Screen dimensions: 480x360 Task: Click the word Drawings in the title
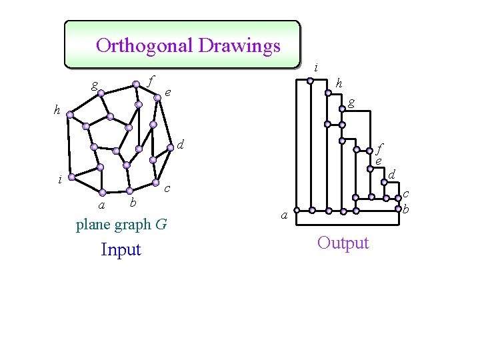point(239,46)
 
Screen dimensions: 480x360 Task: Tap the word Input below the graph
point(121,249)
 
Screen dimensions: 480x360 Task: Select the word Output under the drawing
point(343,243)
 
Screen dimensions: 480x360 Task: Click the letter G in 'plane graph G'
point(161,225)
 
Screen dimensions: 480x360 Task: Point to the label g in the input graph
point(95,85)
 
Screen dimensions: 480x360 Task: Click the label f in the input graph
point(151,80)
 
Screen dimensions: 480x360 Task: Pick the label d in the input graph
point(180,143)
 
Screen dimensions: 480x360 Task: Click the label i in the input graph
point(60,179)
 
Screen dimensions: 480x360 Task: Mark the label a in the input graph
point(101,203)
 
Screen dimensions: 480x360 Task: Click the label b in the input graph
point(133,201)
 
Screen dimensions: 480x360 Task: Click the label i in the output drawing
point(316,67)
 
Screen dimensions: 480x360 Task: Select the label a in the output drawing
point(284,215)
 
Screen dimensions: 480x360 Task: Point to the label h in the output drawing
point(339,83)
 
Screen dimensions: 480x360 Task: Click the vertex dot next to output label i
point(310,81)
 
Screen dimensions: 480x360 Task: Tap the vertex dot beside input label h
point(69,115)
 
